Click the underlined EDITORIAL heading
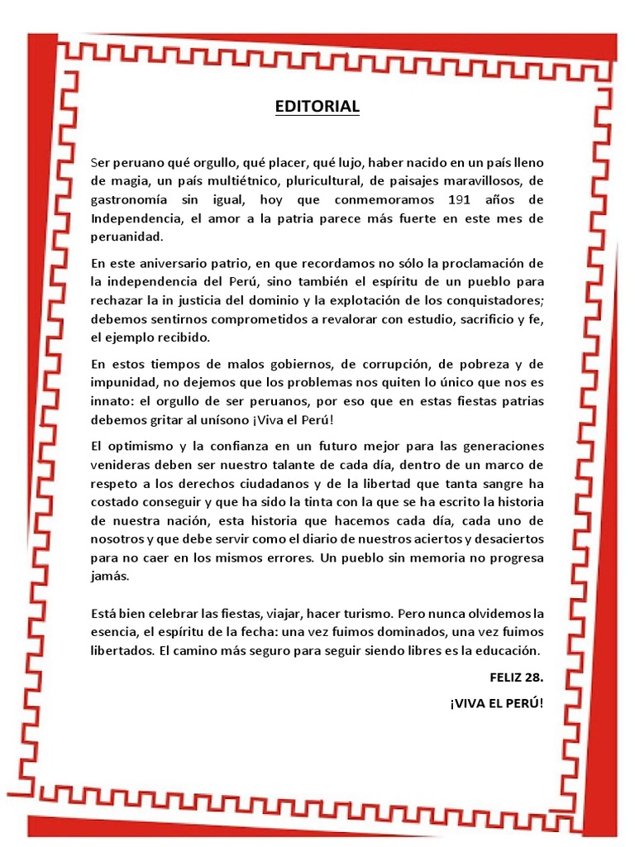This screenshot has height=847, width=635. coord(317,107)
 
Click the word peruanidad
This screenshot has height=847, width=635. coord(128,237)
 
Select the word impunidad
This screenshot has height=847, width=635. coord(123,382)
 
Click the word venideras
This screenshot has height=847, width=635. coord(122,464)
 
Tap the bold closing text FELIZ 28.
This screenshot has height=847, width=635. coord(517,677)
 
